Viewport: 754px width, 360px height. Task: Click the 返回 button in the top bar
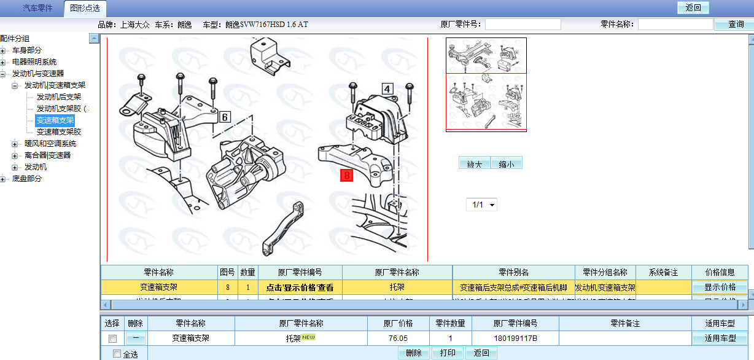(x=693, y=8)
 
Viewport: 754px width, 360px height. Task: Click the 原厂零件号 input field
(x=523, y=25)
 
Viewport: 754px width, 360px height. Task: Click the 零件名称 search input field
(x=675, y=25)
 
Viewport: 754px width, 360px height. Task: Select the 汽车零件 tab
(x=38, y=9)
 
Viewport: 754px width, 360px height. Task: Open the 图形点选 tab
(x=85, y=9)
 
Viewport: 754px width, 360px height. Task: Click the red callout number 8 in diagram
(x=348, y=176)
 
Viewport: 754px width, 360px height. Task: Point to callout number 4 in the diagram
(x=387, y=88)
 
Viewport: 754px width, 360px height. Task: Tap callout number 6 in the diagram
(x=225, y=117)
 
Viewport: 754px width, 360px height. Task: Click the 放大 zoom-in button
(x=475, y=163)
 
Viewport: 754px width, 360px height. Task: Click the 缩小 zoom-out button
(x=507, y=163)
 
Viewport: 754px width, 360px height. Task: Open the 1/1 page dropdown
(x=482, y=205)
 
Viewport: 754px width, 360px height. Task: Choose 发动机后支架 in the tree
(x=59, y=96)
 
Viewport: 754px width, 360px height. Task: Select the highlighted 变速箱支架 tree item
(x=55, y=120)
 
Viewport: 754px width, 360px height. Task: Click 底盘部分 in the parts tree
(x=27, y=179)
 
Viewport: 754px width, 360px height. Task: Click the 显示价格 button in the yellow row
(x=720, y=287)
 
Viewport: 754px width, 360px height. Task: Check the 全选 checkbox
(x=117, y=353)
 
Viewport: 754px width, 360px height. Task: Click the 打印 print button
(x=448, y=353)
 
